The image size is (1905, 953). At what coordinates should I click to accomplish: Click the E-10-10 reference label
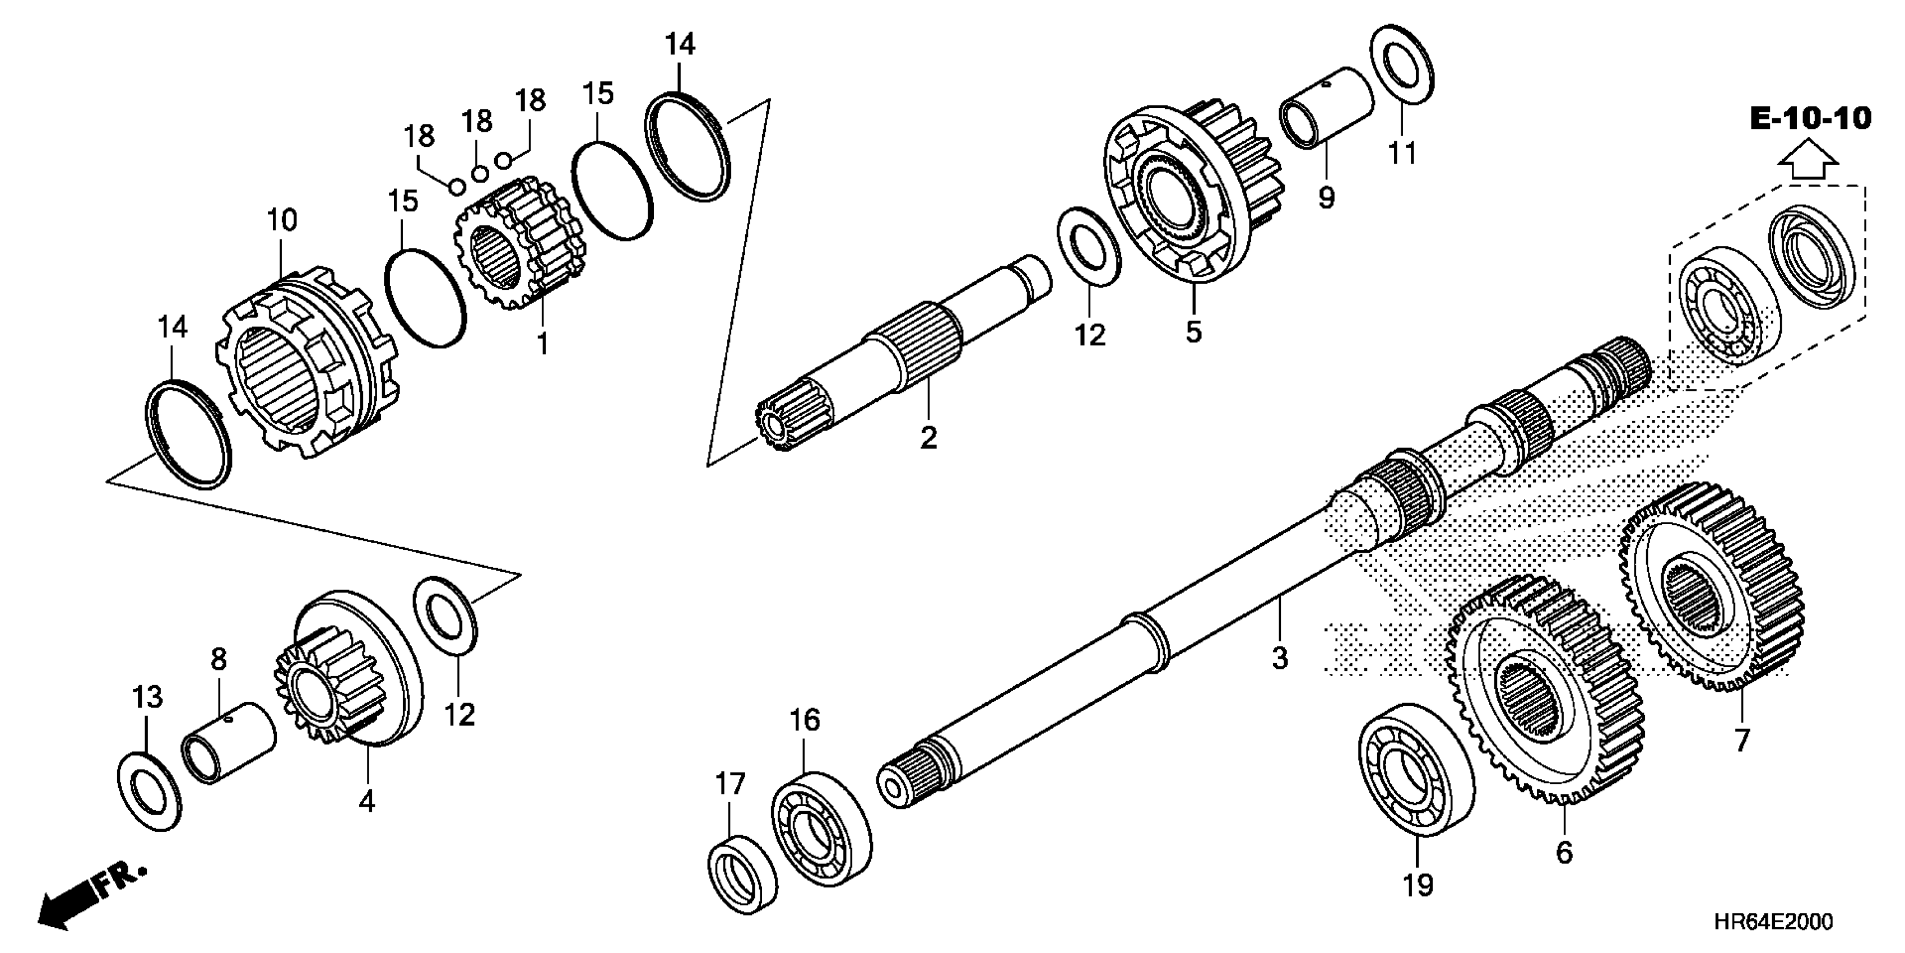pyautogui.click(x=1810, y=118)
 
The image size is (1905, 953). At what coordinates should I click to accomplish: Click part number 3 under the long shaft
pyautogui.click(x=1280, y=658)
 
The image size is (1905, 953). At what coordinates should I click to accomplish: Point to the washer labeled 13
pyautogui.click(x=150, y=791)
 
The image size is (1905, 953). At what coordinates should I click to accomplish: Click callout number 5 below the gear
pyautogui.click(x=1193, y=331)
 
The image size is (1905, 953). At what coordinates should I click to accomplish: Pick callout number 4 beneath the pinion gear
pyautogui.click(x=367, y=801)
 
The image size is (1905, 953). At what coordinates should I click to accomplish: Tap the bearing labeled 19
pyautogui.click(x=1416, y=770)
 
